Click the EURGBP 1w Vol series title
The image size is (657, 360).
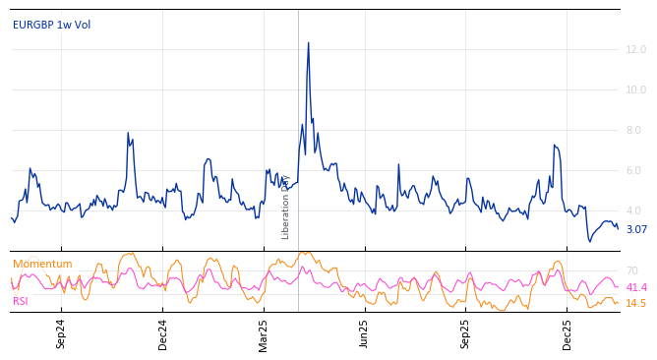pyautogui.click(x=51, y=25)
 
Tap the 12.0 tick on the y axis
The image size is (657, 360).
pyautogui.click(x=635, y=49)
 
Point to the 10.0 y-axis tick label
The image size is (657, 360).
pyautogui.click(x=635, y=90)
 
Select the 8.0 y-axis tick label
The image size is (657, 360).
pyautogui.click(x=635, y=130)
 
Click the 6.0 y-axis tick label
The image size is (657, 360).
pyautogui.click(x=635, y=170)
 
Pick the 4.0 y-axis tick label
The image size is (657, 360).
pyautogui.click(x=635, y=210)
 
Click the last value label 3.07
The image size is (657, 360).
pyautogui.click(x=636, y=230)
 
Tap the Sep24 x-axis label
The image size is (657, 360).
pyautogui.click(x=61, y=333)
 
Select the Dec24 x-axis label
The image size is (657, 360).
pyautogui.click(x=163, y=333)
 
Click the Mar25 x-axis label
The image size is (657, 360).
pyautogui.click(x=264, y=333)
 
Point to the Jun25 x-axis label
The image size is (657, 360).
pyautogui.click(x=365, y=333)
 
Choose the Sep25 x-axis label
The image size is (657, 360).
pyautogui.click(x=466, y=333)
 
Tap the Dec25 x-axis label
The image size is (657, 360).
pyautogui.click(x=567, y=333)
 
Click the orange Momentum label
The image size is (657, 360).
pyautogui.click(x=42, y=264)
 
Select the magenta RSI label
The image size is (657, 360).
pyautogui.click(x=21, y=301)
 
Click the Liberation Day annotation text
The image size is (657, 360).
pyautogui.click(x=286, y=208)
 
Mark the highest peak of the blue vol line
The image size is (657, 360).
pyautogui.click(x=308, y=43)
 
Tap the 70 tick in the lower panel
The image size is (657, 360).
pyautogui.click(x=631, y=270)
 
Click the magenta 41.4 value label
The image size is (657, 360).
pyautogui.click(x=636, y=287)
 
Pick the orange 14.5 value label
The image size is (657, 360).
pyautogui.click(x=636, y=303)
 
